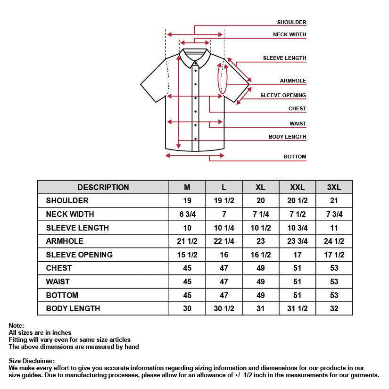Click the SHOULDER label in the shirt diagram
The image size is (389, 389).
click(291, 22)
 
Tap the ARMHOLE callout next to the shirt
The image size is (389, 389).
click(293, 81)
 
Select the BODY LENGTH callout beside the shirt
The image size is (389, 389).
click(287, 137)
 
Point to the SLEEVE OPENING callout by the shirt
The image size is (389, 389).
click(283, 95)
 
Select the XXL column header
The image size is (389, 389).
click(297, 187)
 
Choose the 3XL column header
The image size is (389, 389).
click(334, 187)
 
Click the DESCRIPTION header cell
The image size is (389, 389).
click(103, 187)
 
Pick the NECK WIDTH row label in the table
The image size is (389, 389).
click(70, 214)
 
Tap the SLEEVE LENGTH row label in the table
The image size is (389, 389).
click(77, 228)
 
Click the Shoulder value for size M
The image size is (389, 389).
click(187, 201)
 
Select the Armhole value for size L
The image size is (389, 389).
click(224, 241)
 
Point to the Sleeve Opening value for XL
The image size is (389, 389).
click(261, 255)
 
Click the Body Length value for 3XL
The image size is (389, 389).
click(334, 308)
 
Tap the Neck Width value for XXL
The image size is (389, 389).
click(297, 214)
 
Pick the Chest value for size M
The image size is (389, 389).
click(187, 268)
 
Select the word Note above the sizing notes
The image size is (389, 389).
click(16, 325)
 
